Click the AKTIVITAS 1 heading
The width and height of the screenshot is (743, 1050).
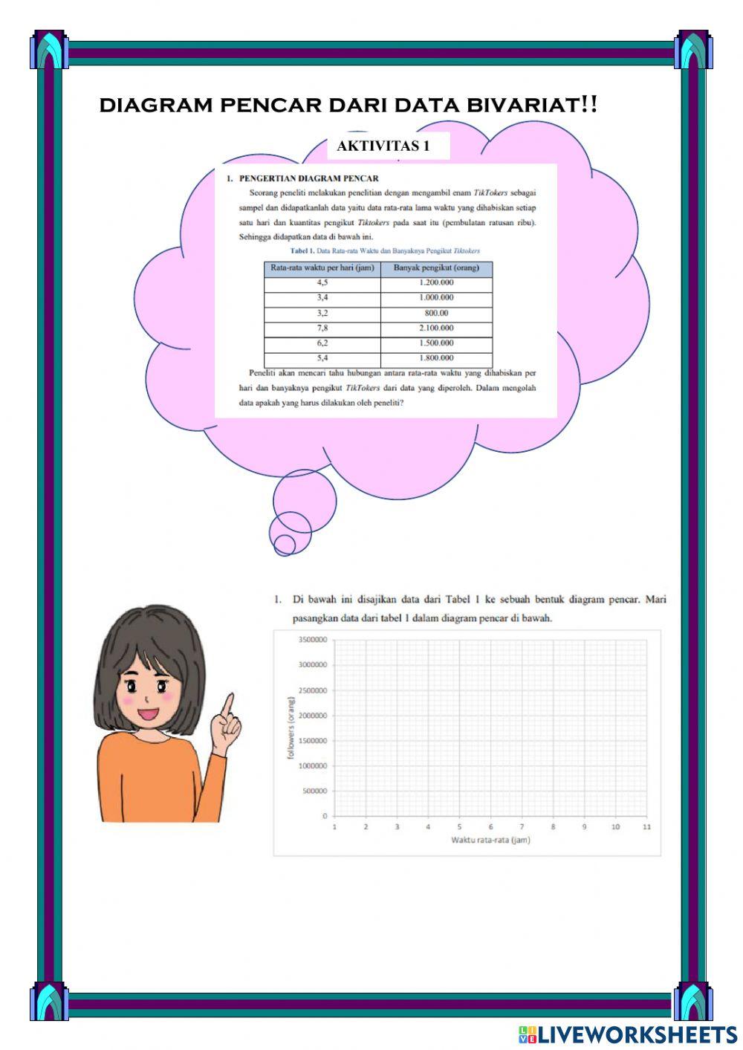coord(383,146)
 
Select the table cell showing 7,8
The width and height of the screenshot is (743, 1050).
coord(322,328)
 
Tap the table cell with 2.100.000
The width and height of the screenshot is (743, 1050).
coord(436,328)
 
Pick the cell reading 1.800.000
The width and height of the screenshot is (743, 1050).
coord(436,358)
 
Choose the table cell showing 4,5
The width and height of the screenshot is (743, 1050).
coord(322,282)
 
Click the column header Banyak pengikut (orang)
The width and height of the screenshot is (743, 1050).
coord(436,268)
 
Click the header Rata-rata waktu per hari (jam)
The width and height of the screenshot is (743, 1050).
coord(322,268)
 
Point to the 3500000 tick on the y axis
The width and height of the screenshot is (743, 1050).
coord(313,640)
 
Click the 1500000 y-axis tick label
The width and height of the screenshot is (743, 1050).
coord(313,741)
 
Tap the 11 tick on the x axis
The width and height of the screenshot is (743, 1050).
coord(646,826)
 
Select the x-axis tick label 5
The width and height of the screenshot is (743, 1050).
coord(459,826)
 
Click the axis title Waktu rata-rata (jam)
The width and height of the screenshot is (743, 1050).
coord(490,840)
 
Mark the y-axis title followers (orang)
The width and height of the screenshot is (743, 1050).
coord(291,727)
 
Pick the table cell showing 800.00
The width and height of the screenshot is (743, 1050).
coord(436,313)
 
